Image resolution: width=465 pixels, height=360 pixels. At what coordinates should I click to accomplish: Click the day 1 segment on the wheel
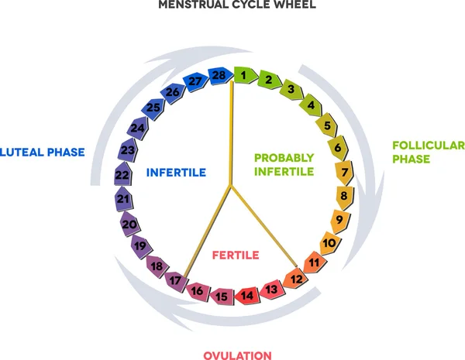click(244, 76)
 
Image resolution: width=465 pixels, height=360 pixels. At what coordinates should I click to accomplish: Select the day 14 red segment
click(247, 294)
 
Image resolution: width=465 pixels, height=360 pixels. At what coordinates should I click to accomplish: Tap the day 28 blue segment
click(219, 76)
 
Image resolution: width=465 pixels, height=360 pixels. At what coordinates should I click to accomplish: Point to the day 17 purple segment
click(177, 279)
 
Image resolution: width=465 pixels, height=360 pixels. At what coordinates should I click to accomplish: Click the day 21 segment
click(122, 200)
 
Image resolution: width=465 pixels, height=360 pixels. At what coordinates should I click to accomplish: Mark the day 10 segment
click(329, 243)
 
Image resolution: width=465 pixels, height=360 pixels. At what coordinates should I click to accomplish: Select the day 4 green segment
click(311, 105)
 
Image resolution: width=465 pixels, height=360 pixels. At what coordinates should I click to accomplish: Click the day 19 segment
click(140, 247)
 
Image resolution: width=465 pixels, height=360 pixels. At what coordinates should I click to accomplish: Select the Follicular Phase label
click(428, 152)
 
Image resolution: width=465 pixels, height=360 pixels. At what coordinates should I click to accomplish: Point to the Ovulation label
click(238, 355)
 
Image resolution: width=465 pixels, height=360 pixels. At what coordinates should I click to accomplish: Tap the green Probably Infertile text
click(284, 163)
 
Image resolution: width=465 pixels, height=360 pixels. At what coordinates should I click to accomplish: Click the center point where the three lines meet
click(229, 187)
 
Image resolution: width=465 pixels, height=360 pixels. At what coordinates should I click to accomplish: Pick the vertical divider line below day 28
click(230, 132)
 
